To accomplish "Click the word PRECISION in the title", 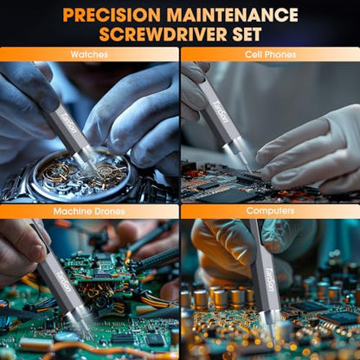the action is [x=112, y=15].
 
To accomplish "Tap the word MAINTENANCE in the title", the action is [x=233, y=15].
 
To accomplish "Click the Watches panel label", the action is [x=89, y=55].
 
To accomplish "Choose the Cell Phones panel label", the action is [x=270, y=55].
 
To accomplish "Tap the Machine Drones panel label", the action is [x=89, y=211].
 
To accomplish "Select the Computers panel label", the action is [x=270, y=211].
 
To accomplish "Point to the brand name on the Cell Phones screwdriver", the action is [x=221, y=112].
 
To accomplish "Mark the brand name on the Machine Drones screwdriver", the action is [x=64, y=280].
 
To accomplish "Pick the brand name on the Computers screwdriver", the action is [x=269, y=280].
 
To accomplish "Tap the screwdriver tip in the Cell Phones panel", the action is [x=250, y=171].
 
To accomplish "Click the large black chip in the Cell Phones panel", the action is [x=228, y=196].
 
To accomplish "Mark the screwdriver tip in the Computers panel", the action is [x=273, y=343].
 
